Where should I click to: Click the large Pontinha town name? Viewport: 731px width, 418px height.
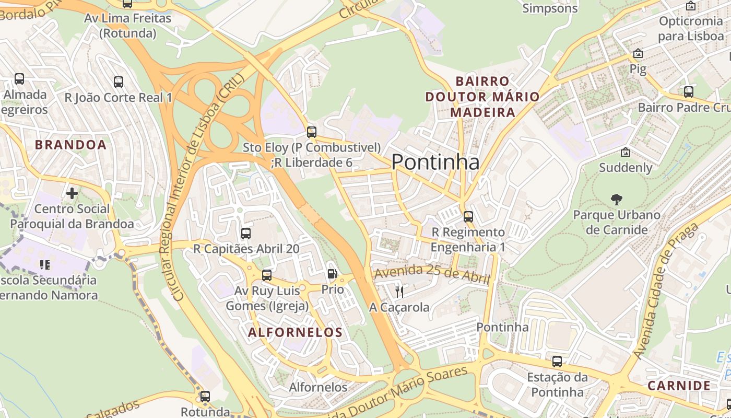click(x=435, y=162)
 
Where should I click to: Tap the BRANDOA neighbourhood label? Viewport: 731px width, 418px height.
click(x=70, y=145)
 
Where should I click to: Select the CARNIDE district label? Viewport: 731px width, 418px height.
click(x=679, y=386)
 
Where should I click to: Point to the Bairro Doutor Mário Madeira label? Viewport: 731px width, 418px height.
click(x=482, y=97)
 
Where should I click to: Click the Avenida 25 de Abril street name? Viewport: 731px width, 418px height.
click(x=433, y=273)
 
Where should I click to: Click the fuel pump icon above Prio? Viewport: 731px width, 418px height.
click(x=332, y=274)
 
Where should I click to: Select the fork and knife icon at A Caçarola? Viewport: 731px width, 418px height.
click(x=399, y=292)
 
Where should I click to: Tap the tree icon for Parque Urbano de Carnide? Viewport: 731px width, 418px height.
click(x=617, y=199)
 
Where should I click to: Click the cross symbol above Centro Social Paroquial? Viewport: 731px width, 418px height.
click(x=72, y=193)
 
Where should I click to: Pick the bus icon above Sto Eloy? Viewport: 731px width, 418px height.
click(x=312, y=132)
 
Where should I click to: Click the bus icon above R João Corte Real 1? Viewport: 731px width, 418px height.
click(x=119, y=82)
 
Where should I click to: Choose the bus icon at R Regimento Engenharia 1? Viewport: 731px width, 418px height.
click(x=468, y=216)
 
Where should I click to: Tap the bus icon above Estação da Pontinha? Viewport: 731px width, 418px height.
click(x=557, y=361)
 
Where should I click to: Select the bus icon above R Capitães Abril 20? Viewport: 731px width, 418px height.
click(x=246, y=233)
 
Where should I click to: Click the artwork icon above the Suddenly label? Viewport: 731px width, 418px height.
click(x=626, y=152)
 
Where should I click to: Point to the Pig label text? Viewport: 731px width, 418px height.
click(x=638, y=68)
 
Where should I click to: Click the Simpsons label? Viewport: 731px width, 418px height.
click(x=550, y=8)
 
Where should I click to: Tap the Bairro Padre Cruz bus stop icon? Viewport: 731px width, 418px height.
click(x=689, y=92)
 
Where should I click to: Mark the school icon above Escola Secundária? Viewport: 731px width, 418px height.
click(x=45, y=265)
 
